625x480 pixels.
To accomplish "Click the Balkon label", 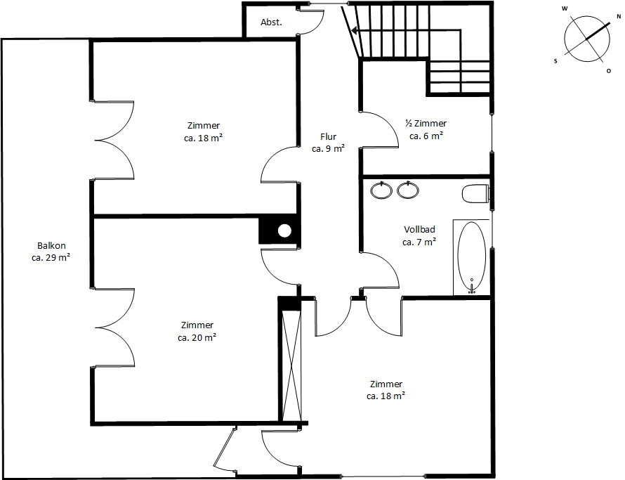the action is coord(51,246).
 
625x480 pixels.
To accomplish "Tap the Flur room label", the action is coord(329,137).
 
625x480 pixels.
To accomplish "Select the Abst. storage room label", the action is coord(272,22).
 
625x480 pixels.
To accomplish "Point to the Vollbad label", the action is coord(419,229).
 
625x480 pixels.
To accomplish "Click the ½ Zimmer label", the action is coord(426,123).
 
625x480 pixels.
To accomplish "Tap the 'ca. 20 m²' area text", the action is coord(197,337).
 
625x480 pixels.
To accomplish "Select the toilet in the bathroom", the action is coord(475,194).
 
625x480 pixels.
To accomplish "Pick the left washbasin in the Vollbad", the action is coord(381,190).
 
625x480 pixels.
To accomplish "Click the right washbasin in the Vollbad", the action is coord(408,190).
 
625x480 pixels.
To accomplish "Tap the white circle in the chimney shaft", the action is coord(284,231).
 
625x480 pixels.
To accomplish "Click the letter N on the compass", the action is coord(619,16).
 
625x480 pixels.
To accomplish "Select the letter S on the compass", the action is coord(555,61).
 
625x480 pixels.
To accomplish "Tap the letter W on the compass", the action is coord(565,8).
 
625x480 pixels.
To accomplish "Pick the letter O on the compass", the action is coord(609,71).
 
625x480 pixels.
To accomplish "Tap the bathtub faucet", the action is coord(472,287).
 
